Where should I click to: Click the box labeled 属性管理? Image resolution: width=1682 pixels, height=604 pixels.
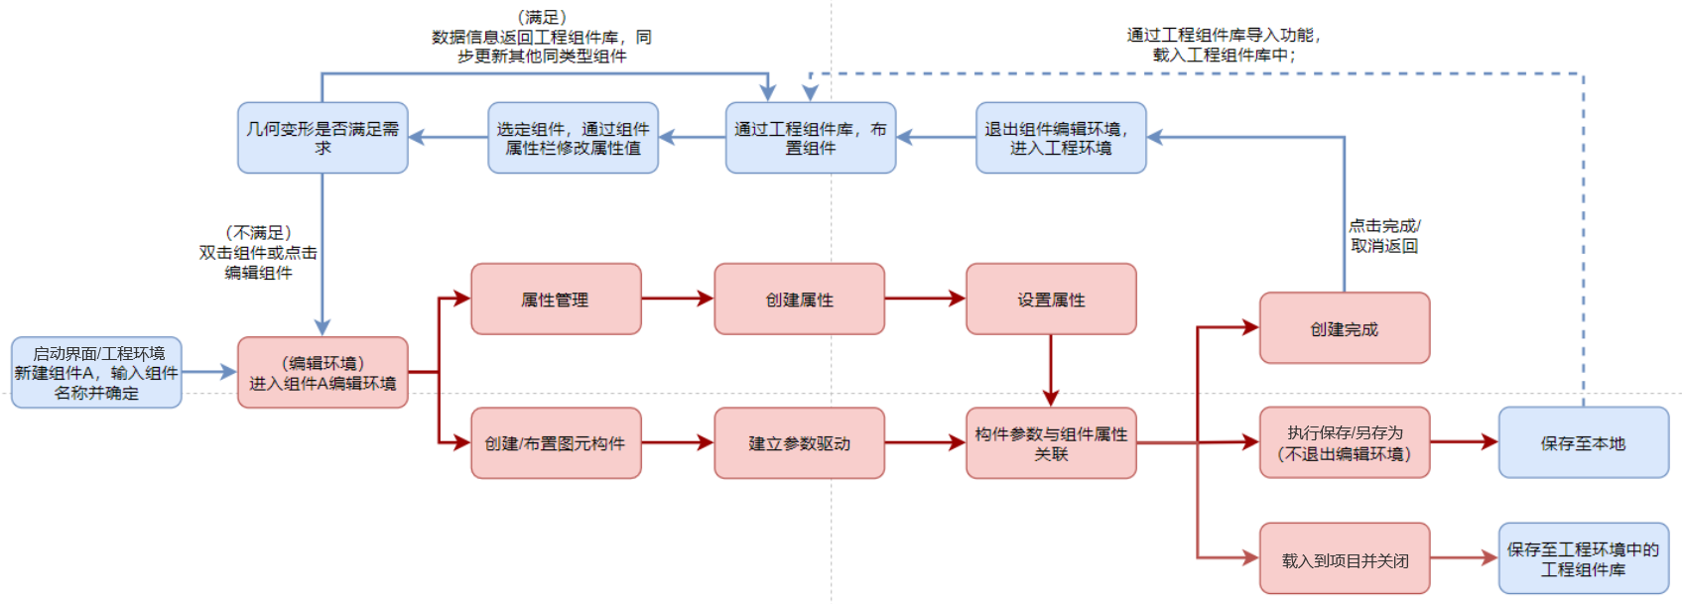[x=556, y=299]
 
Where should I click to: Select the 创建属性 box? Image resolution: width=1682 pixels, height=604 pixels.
[x=799, y=299]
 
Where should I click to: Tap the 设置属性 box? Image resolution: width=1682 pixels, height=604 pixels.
[x=1051, y=299]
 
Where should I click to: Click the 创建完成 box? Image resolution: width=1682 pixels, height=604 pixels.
[x=1344, y=328]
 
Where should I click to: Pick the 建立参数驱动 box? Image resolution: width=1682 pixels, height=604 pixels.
[x=799, y=443]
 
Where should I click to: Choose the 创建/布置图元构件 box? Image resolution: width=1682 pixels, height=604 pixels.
[x=556, y=443]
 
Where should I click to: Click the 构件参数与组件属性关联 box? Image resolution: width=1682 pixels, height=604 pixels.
[x=1051, y=443]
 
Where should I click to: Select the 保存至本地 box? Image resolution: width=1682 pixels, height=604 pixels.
[x=1583, y=442]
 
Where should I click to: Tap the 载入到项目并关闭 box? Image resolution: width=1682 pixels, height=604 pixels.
[x=1344, y=559]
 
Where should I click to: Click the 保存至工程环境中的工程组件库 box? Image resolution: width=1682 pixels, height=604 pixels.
[x=1583, y=558]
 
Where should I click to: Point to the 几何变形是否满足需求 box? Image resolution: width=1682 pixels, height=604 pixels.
[x=323, y=138]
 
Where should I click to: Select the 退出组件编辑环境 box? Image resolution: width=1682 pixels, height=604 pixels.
[x=1061, y=138]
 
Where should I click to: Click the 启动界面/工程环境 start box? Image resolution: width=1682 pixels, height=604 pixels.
[x=96, y=372]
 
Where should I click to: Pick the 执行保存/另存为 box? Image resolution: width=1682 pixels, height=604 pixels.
[x=1344, y=442]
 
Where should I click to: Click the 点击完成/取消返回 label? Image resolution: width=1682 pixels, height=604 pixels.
[x=1384, y=236]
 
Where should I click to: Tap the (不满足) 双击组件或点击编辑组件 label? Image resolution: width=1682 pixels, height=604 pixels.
[x=259, y=252]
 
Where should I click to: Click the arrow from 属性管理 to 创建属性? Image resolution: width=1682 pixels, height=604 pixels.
[x=678, y=299]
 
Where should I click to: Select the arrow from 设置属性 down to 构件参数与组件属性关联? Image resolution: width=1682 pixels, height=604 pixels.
[x=1051, y=370]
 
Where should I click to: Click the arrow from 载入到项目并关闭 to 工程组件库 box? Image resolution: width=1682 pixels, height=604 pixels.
[x=1464, y=558]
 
